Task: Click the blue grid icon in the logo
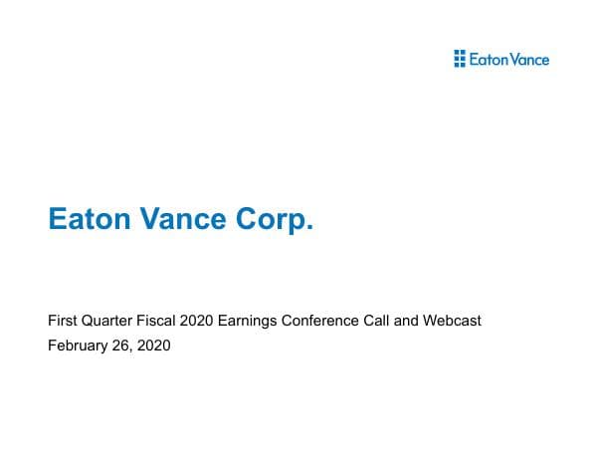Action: coord(459,59)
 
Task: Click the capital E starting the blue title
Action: coord(57,219)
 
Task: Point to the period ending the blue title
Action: coord(309,227)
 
